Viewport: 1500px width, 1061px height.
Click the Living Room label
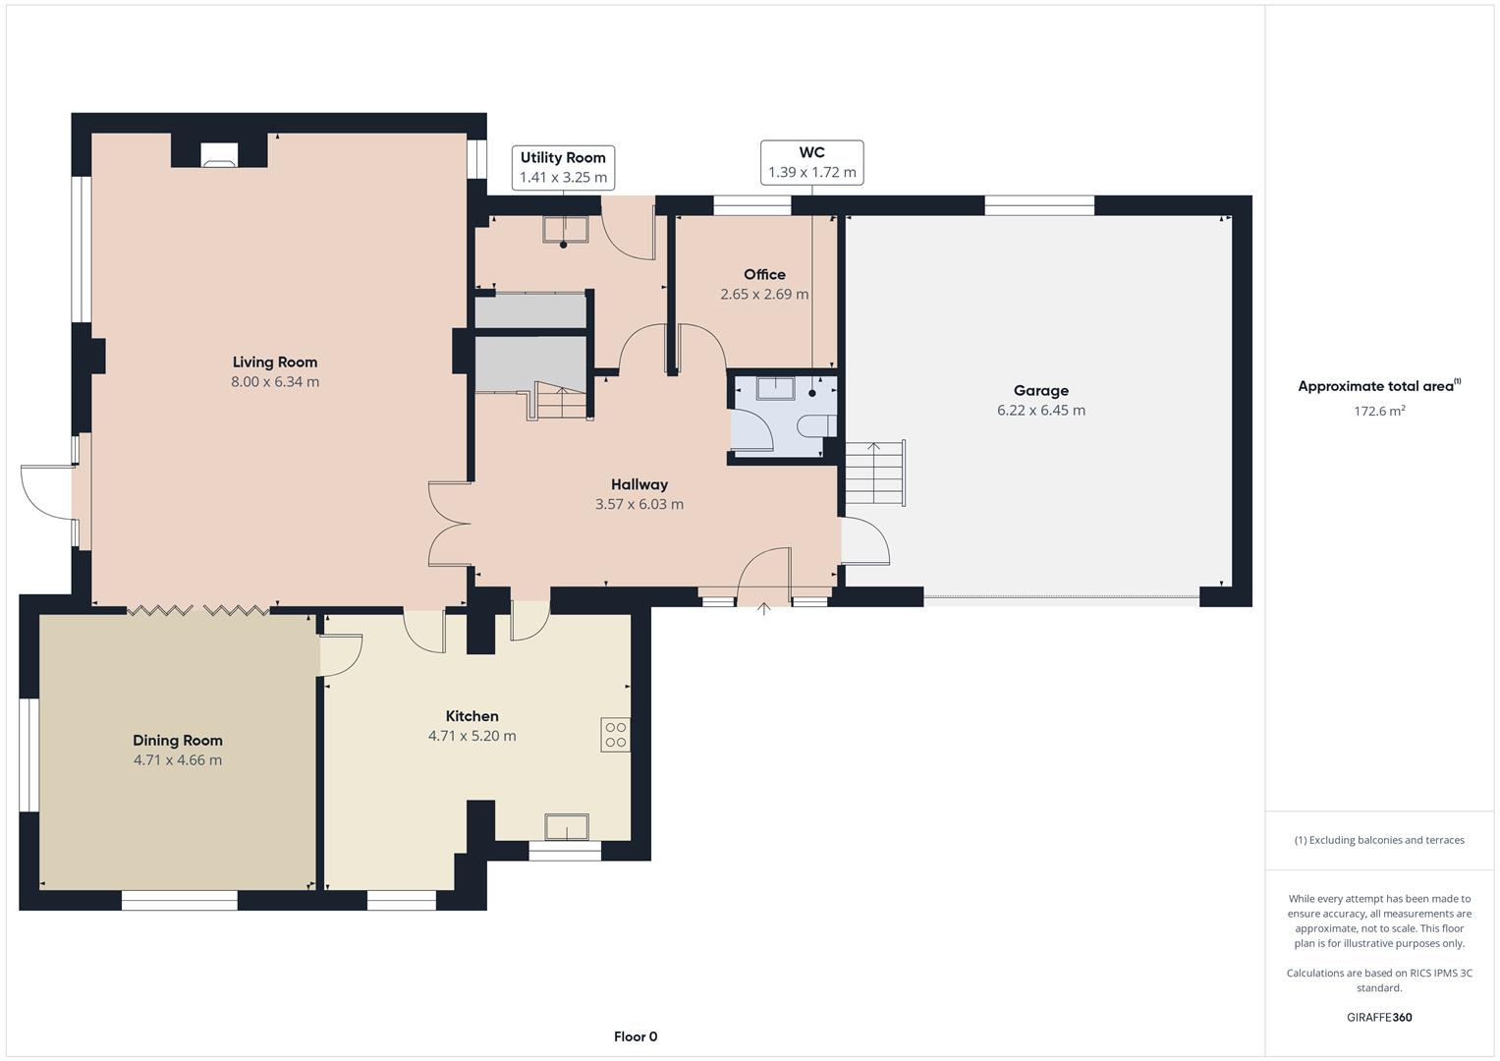coord(275,362)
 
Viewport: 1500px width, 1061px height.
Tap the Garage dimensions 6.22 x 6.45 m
coord(1040,411)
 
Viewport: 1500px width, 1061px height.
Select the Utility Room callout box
coord(563,167)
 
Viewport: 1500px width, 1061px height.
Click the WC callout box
coord(811,162)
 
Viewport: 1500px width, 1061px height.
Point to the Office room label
coord(764,274)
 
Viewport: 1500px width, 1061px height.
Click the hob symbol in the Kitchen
coord(616,735)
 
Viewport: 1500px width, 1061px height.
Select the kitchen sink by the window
coord(567,827)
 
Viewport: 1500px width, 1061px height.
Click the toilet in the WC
coord(814,425)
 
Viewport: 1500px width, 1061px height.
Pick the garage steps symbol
coord(875,474)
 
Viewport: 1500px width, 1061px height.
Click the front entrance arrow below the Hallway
coord(763,610)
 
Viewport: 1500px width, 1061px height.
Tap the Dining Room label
coord(178,740)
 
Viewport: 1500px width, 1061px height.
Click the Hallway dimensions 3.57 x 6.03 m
coord(639,504)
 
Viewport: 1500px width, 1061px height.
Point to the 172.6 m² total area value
coord(1379,411)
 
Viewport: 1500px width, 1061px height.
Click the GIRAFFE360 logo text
coord(1379,1017)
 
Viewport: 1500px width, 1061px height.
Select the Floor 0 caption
coord(636,1036)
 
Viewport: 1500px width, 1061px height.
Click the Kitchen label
coord(472,716)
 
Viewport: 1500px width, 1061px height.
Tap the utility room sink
coord(564,229)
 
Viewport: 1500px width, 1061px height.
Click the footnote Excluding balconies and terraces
coord(1379,840)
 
